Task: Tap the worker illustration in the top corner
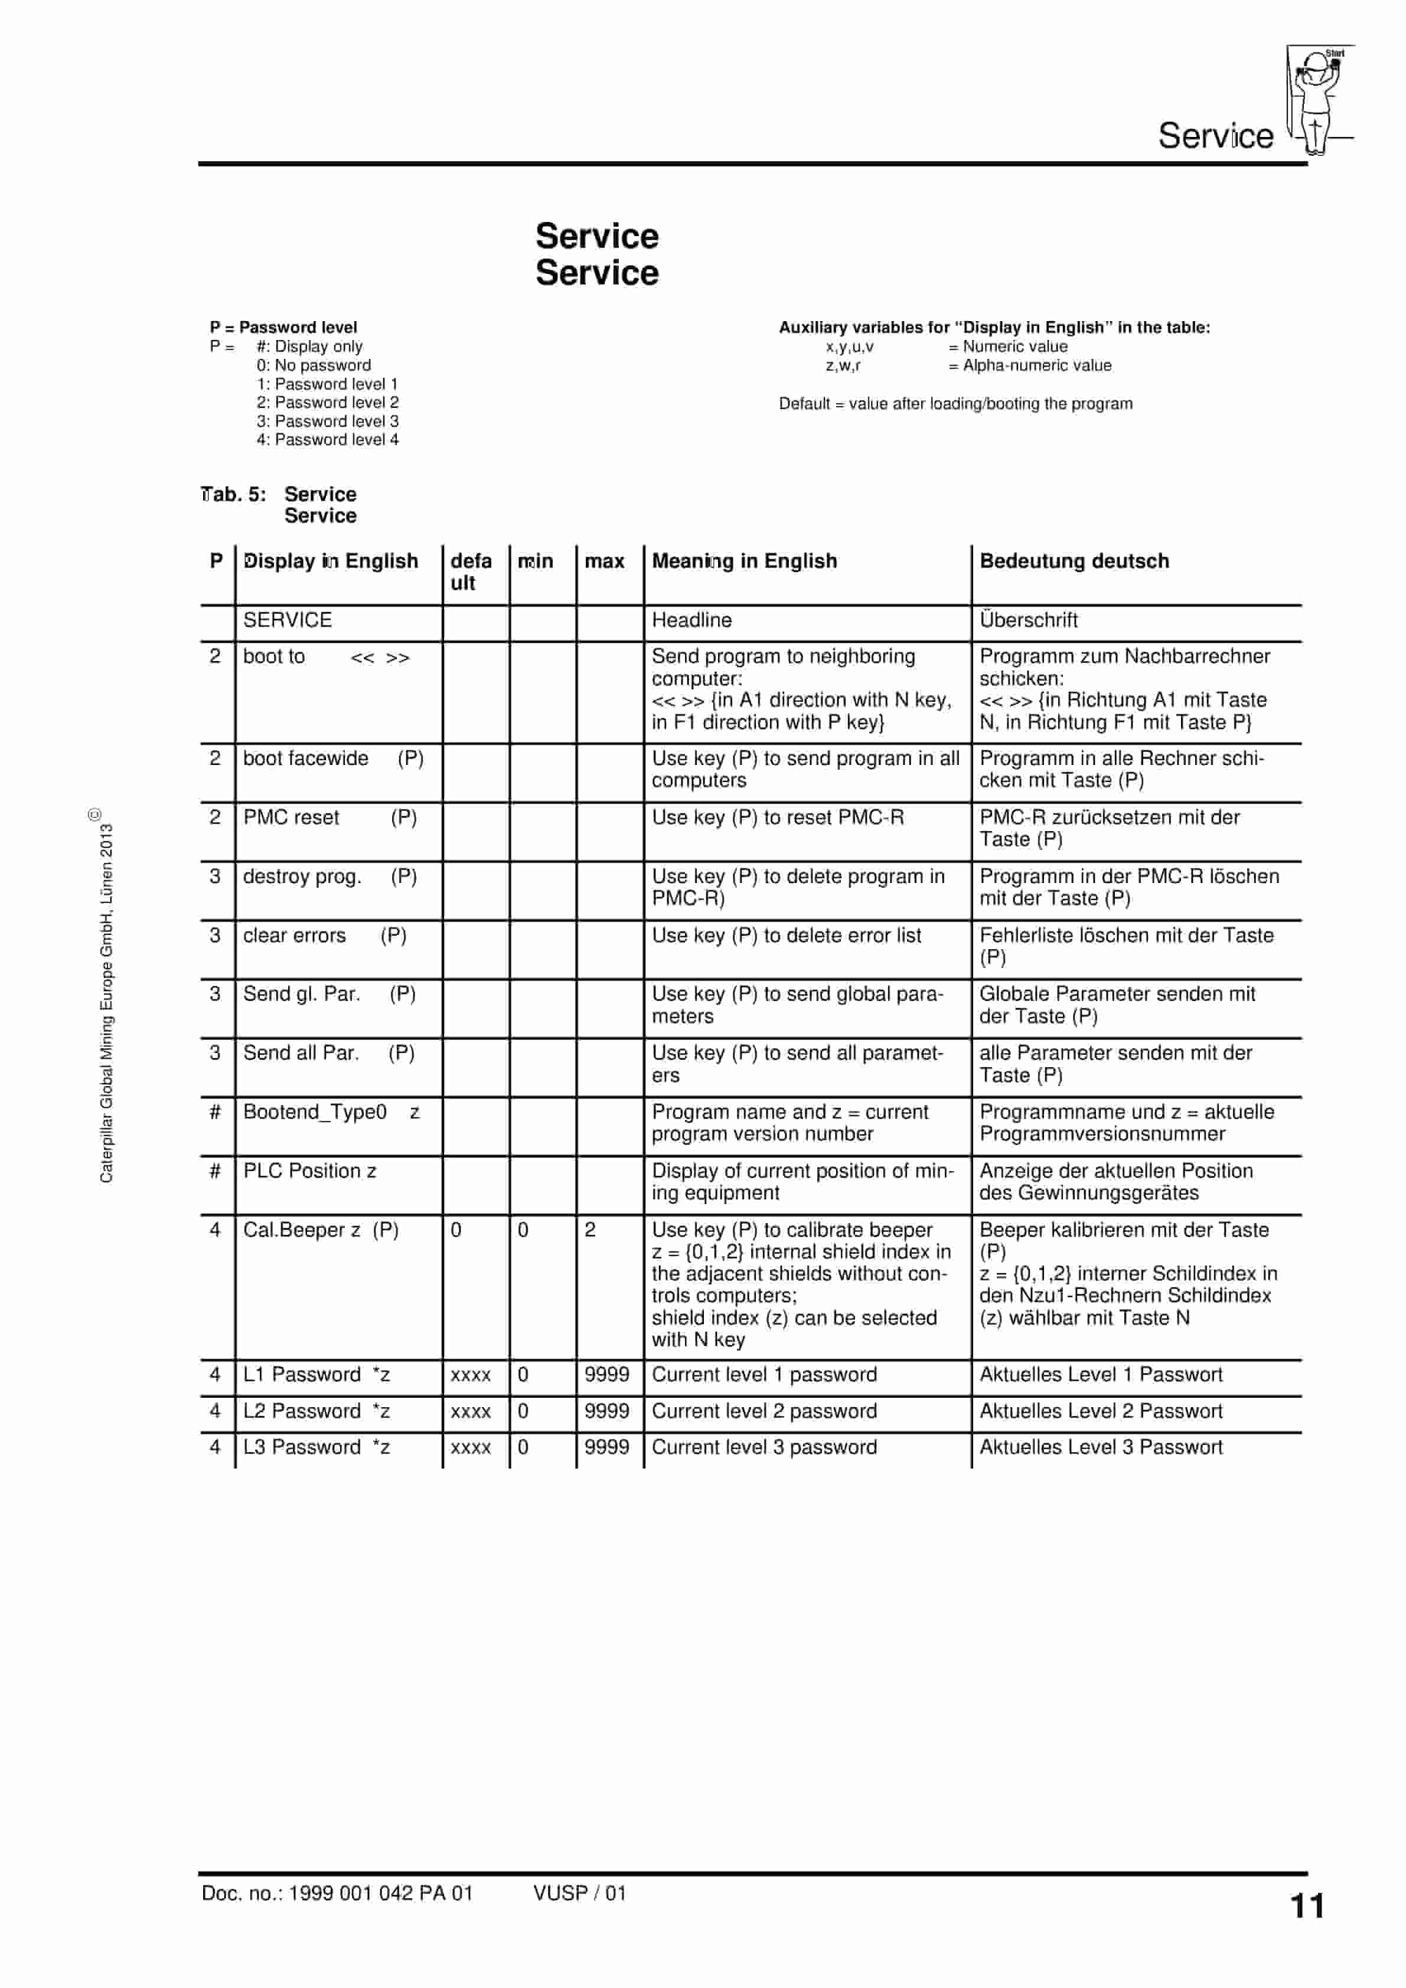pos(1317,100)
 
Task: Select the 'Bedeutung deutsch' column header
pos(1074,561)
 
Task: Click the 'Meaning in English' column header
pos(744,561)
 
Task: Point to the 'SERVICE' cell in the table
pos(288,620)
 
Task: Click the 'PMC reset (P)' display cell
pos(329,818)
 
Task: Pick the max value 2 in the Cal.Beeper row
pos(590,1230)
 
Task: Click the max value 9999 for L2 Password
pos(606,1411)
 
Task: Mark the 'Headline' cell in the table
pos(691,620)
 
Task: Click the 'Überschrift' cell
pos(1028,620)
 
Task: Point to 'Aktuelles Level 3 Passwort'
pos(1100,1447)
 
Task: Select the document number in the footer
pos(337,1893)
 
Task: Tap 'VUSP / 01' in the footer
pos(579,1893)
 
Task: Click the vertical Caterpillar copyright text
pos(106,996)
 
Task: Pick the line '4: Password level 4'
pos(328,440)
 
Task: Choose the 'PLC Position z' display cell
pos(309,1170)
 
